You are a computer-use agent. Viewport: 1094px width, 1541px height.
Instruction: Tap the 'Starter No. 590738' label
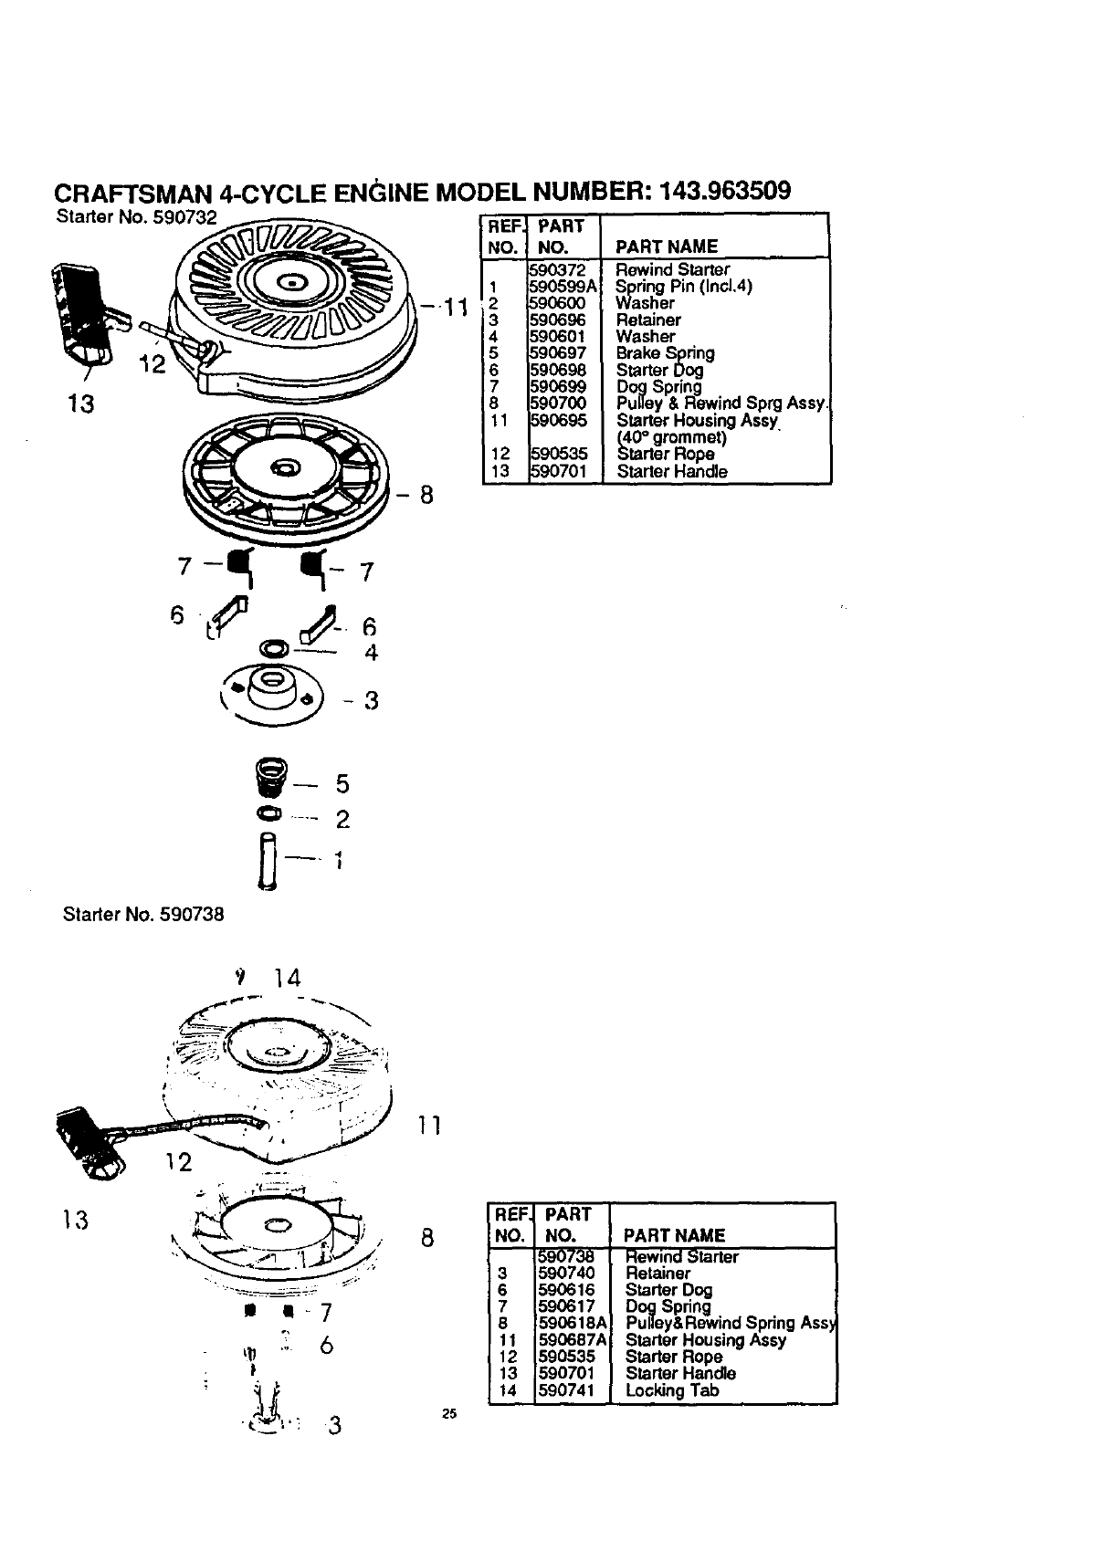click(142, 913)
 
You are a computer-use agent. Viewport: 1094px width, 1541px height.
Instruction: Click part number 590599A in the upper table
click(563, 287)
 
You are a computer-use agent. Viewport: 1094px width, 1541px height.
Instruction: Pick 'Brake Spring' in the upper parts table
click(665, 353)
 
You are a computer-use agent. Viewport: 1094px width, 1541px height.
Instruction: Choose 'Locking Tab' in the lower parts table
click(671, 1390)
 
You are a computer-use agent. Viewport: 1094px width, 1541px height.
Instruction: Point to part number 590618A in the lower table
click(573, 1323)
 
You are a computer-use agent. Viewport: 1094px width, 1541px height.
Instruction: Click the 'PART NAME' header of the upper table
click(667, 246)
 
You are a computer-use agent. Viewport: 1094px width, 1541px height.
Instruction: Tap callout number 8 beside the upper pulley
click(426, 496)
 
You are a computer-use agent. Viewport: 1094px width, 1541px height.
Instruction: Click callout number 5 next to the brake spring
click(342, 784)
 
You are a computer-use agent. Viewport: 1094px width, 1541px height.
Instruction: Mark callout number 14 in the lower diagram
click(287, 979)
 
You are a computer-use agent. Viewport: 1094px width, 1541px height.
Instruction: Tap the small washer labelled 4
click(272, 649)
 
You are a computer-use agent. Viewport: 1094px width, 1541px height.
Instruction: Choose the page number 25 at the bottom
click(447, 1415)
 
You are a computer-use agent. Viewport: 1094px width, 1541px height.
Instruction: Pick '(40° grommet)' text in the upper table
click(671, 437)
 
